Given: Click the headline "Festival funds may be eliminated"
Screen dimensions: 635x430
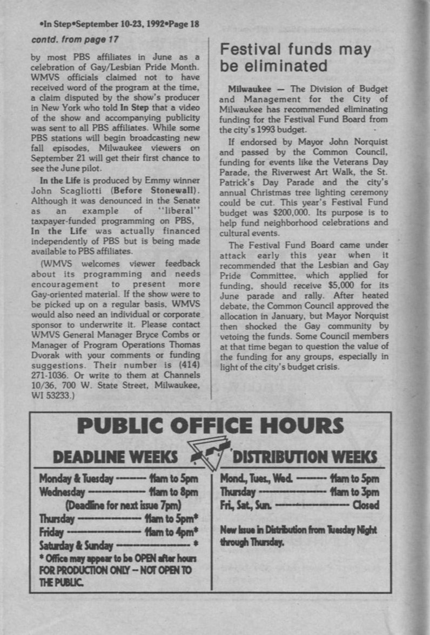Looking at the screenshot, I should click(x=295, y=57).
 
